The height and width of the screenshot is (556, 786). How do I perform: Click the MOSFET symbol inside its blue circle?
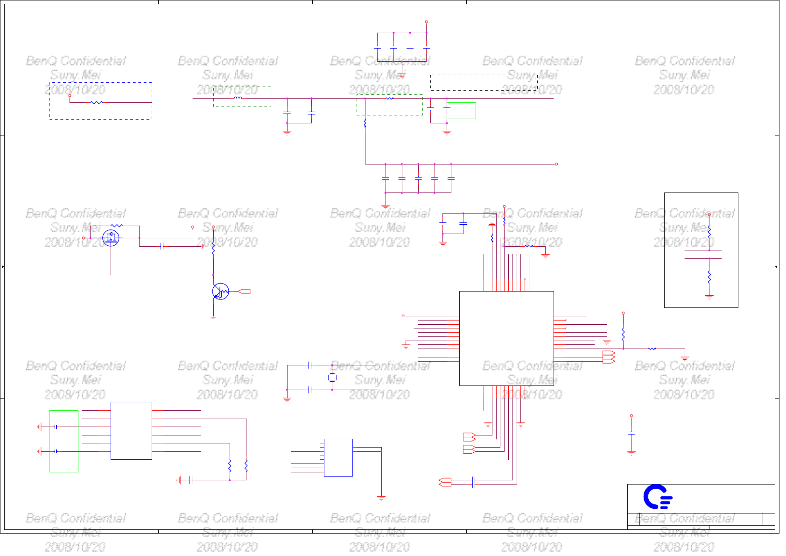111,238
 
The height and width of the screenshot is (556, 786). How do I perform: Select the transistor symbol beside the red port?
220,292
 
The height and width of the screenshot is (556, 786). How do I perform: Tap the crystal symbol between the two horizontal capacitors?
332,378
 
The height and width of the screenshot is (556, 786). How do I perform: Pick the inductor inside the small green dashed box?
238,98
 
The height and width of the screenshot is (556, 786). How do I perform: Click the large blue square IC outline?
506,338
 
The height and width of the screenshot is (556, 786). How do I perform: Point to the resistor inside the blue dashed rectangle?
97,102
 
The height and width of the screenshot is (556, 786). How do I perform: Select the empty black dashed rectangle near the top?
484,82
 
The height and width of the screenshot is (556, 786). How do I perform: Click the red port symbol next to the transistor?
244,292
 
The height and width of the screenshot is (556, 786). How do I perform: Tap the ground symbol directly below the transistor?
213,318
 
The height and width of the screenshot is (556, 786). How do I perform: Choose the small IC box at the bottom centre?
338,457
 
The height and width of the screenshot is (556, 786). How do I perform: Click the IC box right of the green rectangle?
131,430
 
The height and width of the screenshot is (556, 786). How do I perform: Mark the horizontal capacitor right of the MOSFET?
161,246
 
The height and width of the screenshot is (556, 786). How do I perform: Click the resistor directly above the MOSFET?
117,226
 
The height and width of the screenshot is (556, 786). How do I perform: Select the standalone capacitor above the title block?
632,433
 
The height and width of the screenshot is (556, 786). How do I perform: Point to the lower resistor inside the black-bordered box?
709,277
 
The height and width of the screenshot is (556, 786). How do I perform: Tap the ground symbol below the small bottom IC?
381,498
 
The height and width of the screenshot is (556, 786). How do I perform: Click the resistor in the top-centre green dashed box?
390,98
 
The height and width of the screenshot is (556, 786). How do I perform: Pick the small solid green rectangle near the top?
461,111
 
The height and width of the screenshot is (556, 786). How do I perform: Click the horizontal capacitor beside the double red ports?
474,482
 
